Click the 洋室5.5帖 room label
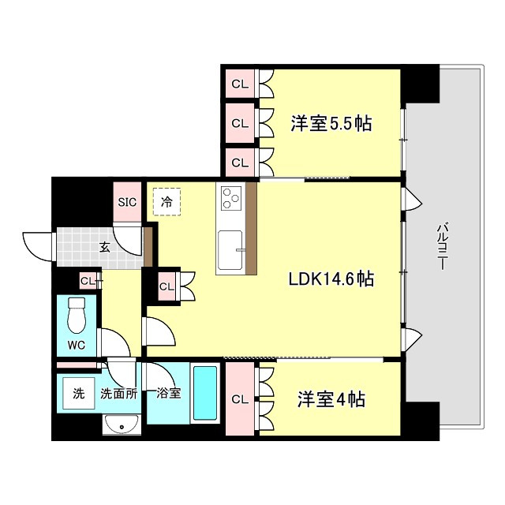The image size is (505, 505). (331, 123)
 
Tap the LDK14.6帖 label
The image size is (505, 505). (331, 278)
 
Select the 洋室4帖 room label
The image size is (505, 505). (331, 399)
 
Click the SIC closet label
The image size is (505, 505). (127, 201)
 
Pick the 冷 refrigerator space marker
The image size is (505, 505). (166, 201)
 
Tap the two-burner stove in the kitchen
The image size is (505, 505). (230, 197)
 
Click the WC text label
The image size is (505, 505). (76, 345)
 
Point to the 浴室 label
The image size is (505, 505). (168, 393)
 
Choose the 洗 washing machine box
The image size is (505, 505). (78, 393)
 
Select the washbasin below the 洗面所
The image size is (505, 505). (122, 426)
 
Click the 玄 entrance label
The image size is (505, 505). (104, 247)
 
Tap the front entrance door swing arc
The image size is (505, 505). (39, 246)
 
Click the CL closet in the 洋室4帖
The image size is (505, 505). (240, 399)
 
